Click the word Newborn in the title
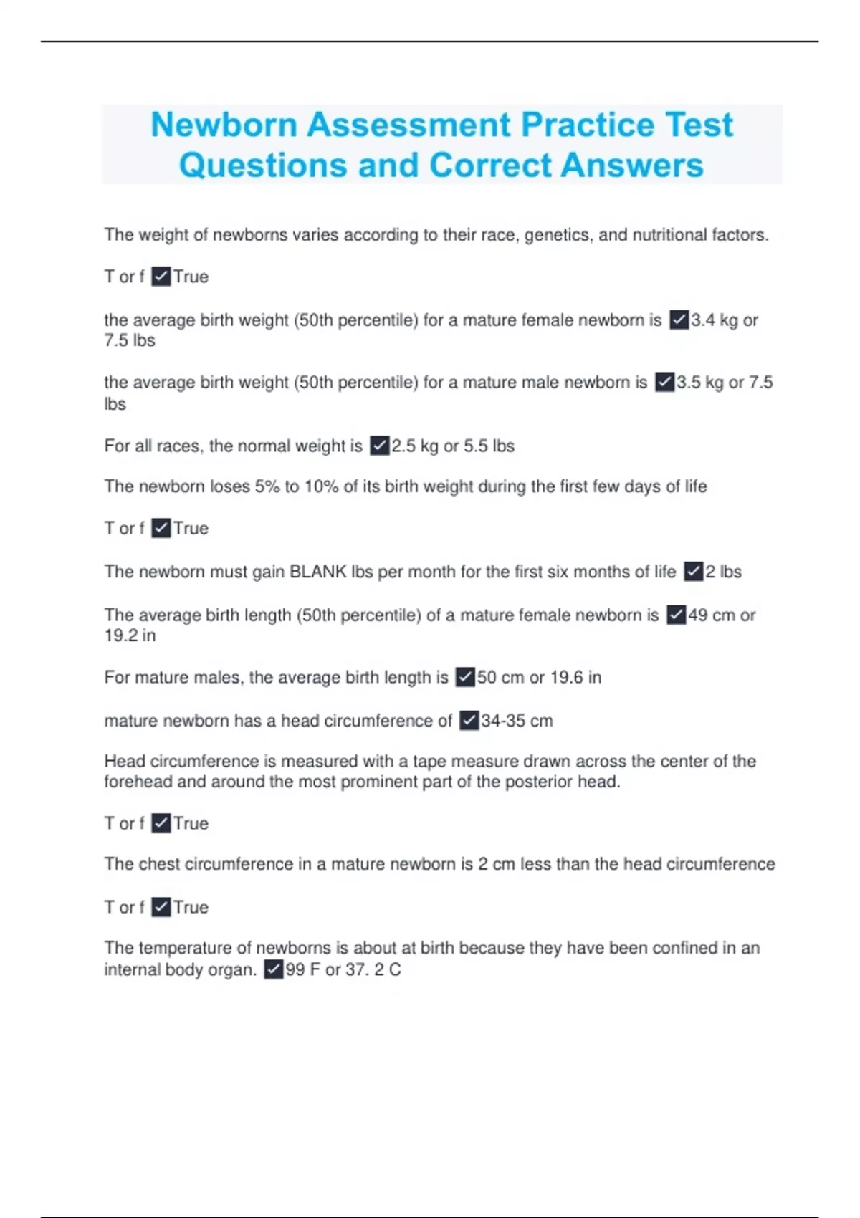(224, 125)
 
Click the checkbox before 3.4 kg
(679, 320)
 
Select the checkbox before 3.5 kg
(664, 383)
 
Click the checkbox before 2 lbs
(693, 572)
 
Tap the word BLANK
(317, 572)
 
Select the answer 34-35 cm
(517, 721)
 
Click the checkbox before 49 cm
(676, 615)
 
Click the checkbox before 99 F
(273, 969)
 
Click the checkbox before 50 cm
(465, 677)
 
